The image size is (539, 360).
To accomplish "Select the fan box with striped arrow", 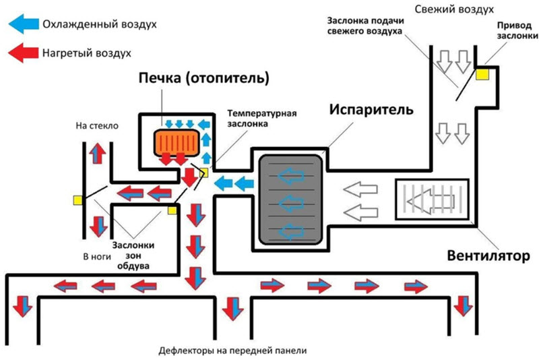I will click(x=431, y=200).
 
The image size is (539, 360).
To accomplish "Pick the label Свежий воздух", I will click(x=464, y=9).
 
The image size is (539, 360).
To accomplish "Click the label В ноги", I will click(x=96, y=257).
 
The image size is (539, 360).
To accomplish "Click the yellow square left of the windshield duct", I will click(x=78, y=200).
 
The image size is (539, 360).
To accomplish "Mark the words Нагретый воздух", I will click(x=86, y=52).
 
